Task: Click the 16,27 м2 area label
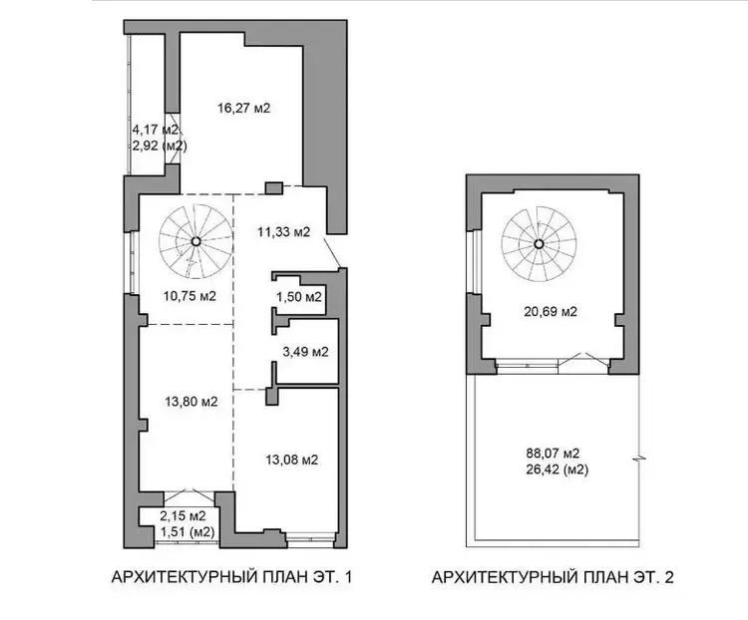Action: point(243,109)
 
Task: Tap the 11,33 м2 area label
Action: point(284,232)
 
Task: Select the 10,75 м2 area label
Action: point(189,296)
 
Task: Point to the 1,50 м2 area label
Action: point(298,297)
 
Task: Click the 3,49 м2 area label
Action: point(305,352)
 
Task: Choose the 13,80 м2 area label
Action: point(191,402)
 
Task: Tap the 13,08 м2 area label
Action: point(291,460)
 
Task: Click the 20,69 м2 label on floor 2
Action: point(551,312)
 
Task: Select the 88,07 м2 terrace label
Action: point(553,453)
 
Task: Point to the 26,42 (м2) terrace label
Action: point(557,469)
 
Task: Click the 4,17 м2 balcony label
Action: point(155,130)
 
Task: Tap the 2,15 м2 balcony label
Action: point(183,515)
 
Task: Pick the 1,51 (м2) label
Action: point(187,531)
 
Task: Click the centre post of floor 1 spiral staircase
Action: point(195,241)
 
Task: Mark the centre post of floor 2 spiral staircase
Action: point(539,244)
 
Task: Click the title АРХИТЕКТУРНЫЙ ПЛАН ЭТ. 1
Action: point(231,577)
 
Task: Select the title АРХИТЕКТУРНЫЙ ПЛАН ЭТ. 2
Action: point(553,577)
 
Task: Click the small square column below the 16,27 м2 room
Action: point(274,188)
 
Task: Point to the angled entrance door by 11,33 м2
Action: point(332,251)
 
